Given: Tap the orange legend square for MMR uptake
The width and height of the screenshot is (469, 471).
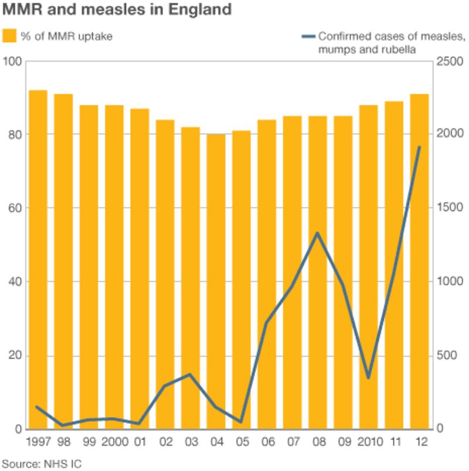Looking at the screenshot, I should (x=9, y=36).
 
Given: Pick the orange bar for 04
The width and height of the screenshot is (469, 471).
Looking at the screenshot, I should (x=216, y=282).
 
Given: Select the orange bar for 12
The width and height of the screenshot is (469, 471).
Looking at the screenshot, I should (x=419, y=261).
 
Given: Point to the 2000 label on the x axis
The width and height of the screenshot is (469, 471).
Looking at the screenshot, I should (x=115, y=441).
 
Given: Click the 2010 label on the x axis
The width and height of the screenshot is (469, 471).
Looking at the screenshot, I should (x=369, y=441).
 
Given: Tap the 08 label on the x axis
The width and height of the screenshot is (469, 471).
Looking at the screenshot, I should (x=317, y=441).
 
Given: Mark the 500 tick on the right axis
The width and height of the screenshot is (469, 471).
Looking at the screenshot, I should (x=449, y=355).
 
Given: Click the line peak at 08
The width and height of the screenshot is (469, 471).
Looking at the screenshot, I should (x=317, y=233).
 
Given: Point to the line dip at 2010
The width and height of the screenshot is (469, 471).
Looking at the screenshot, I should (x=368, y=378).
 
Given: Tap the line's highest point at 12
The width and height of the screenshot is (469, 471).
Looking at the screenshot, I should (x=419, y=147).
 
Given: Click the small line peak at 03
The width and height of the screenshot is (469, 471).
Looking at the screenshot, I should (x=190, y=374).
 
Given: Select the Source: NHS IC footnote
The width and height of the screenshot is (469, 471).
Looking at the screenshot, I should (x=41, y=464).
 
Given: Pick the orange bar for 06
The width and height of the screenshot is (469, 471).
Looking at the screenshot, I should (x=267, y=274).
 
